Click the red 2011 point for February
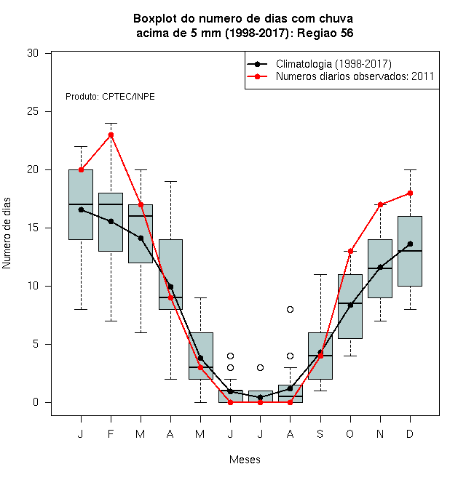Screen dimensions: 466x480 point(111,135)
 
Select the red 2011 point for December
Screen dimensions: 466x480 point(410,193)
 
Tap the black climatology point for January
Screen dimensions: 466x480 point(81,209)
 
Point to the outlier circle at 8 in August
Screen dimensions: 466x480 point(290,310)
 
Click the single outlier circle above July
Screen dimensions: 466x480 point(260,367)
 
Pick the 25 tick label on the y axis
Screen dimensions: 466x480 point(33,111)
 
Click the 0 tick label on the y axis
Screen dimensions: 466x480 point(36,402)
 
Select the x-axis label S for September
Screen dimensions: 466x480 point(320,433)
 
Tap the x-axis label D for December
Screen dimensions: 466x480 point(410,433)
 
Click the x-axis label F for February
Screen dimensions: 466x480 point(111,433)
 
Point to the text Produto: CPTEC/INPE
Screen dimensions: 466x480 point(110,97)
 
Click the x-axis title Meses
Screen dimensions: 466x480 point(245,460)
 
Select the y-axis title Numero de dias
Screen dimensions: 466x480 point(7,233)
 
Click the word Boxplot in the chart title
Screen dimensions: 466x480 point(155,19)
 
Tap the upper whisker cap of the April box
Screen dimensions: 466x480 point(171,182)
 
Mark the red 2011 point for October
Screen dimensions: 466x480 point(350,252)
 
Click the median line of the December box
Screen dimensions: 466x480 point(410,251)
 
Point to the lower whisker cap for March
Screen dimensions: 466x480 point(141,333)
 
